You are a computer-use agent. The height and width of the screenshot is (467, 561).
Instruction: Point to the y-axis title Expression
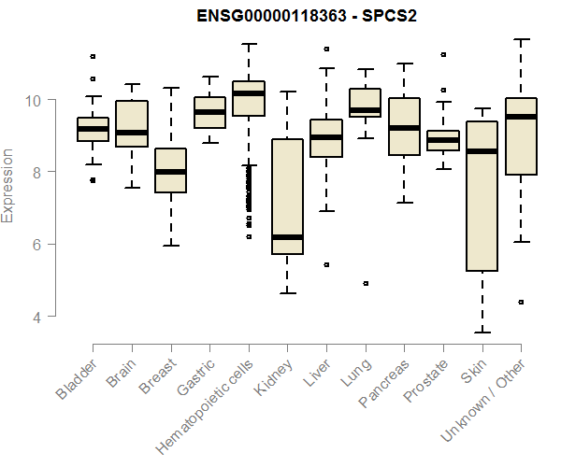pos(9,185)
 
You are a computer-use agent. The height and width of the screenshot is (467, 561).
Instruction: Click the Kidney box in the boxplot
pos(287,196)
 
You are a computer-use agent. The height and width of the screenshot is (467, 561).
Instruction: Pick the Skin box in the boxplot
pos(482,196)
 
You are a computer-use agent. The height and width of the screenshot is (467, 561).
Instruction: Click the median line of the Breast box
pos(170,172)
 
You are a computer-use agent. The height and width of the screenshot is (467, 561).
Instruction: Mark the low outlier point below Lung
pos(365,283)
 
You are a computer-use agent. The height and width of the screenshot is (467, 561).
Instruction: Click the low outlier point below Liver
pos(325,264)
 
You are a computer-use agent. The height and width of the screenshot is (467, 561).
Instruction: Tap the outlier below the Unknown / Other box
pos(521,302)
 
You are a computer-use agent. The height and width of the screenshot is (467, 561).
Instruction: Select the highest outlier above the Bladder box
pos(93,56)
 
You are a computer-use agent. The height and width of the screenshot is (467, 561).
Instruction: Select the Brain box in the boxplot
pos(131,123)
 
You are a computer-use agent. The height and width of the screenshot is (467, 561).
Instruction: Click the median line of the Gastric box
pos(209,112)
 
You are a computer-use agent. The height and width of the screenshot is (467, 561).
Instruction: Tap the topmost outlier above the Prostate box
pos(443,54)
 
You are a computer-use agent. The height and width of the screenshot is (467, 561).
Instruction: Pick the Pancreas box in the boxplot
pos(404,126)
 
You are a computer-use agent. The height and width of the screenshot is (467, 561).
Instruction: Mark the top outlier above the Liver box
pos(325,49)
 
